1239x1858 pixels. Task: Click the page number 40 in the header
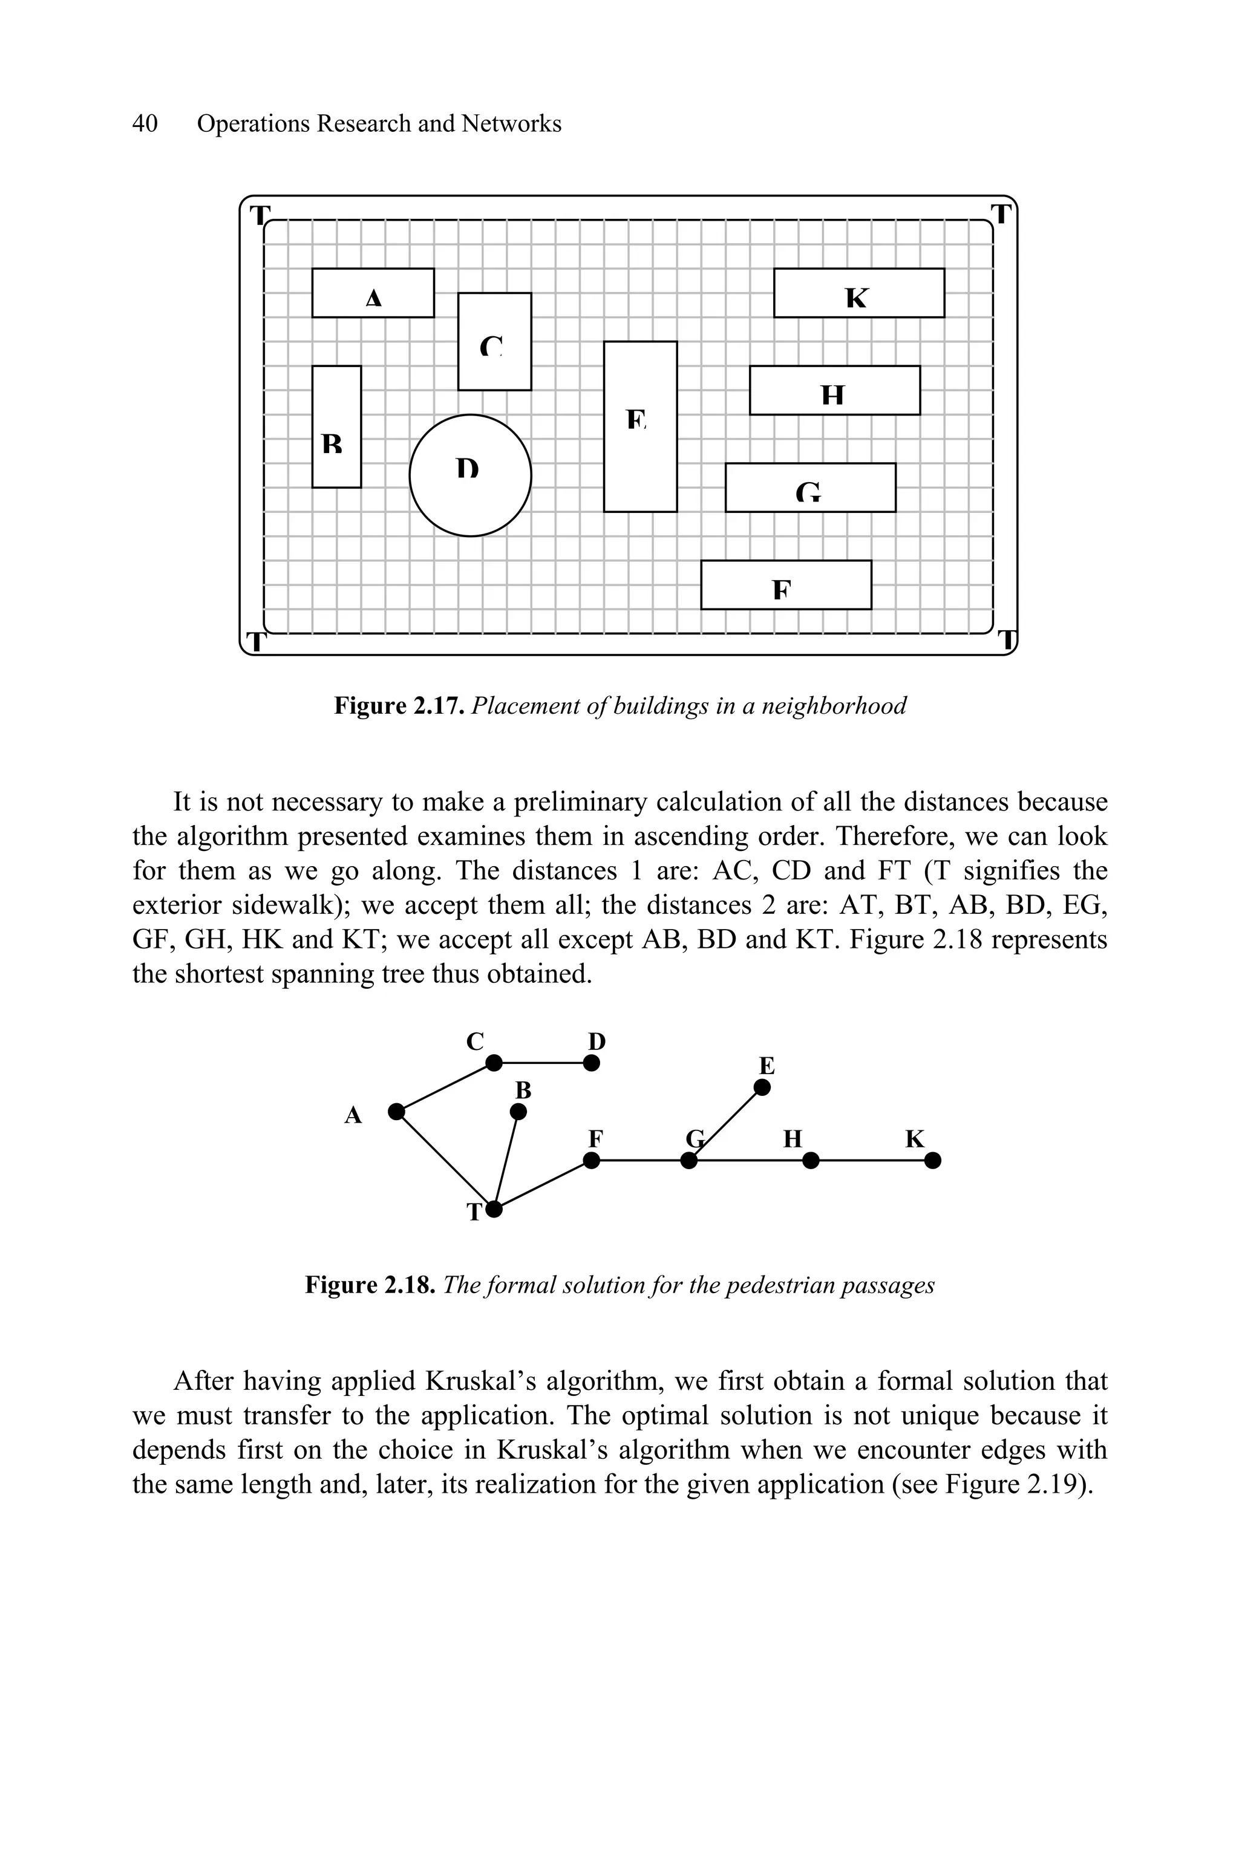tap(145, 123)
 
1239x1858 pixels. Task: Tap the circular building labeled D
tap(470, 475)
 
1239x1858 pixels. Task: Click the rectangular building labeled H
tap(834, 390)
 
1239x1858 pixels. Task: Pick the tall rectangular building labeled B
tap(336, 426)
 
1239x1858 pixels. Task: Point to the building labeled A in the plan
tap(373, 293)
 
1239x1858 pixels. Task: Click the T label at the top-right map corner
tap(1001, 214)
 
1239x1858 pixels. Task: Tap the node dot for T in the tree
tap(494, 1208)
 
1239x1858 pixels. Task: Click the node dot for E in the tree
tap(762, 1088)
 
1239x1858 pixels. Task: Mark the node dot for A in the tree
tap(397, 1112)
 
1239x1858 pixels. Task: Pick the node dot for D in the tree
tap(591, 1063)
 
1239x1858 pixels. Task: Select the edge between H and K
tap(872, 1161)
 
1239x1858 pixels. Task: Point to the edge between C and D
tap(542, 1063)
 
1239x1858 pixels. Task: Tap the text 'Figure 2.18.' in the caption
tap(370, 1285)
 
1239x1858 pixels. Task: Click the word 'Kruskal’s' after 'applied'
tap(466, 1381)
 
